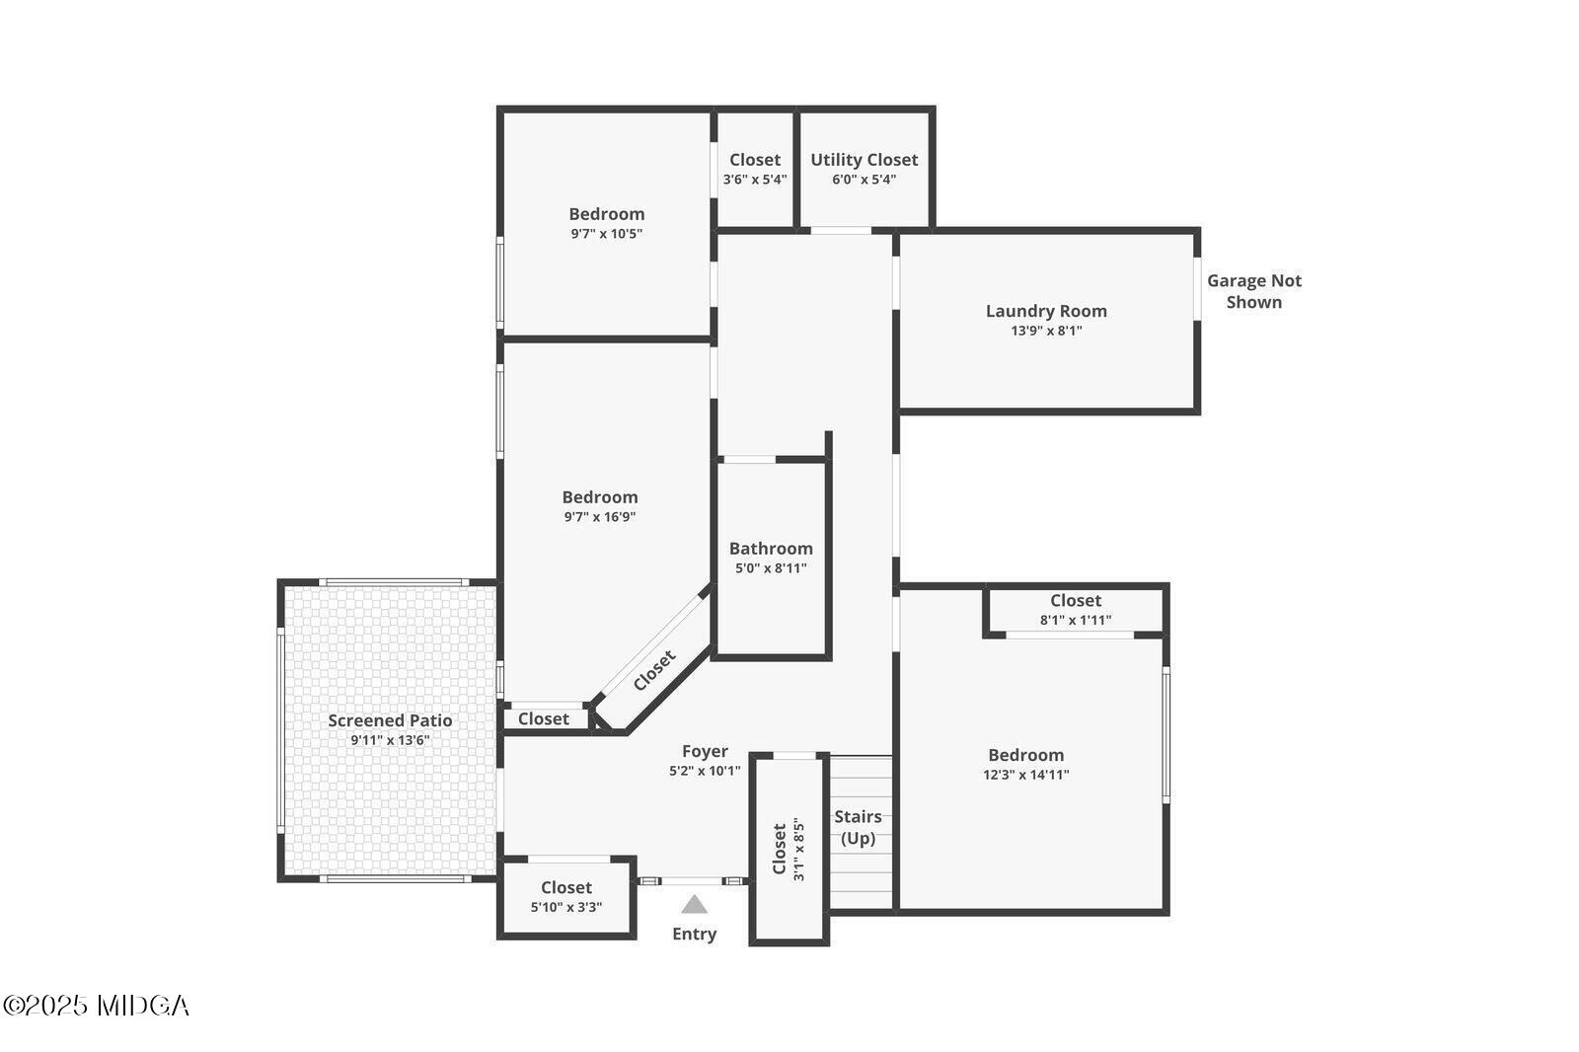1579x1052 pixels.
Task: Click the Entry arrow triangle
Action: click(x=694, y=904)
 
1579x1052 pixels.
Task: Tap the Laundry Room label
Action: click(x=1046, y=311)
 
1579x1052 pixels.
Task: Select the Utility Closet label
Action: click(x=864, y=160)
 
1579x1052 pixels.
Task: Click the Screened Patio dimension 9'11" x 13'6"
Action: click(x=390, y=740)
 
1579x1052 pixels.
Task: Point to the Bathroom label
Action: click(x=771, y=549)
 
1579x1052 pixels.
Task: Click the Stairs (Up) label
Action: click(x=858, y=827)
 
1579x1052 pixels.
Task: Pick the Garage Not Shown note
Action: click(x=1253, y=291)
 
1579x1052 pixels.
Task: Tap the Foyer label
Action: click(x=705, y=752)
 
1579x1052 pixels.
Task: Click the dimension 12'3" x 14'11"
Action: click(x=1025, y=775)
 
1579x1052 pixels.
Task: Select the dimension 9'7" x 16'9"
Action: click(x=599, y=516)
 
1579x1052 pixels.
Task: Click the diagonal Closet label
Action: click(x=654, y=670)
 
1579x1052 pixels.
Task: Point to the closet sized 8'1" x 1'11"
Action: click(x=1075, y=610)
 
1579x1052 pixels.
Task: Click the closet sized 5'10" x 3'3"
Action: click(x=565, y=897)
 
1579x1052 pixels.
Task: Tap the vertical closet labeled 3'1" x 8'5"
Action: click(x=788, y=849)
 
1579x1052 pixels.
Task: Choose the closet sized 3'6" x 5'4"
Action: click(x=754, y=169)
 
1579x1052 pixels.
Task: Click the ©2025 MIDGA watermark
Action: click(x=96, y=1006)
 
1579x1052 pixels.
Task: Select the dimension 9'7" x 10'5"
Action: click(x=606, y=234)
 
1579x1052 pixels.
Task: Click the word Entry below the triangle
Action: click(x=694, y=934)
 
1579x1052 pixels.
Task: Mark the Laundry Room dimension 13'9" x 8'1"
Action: click(x=1046, y=331)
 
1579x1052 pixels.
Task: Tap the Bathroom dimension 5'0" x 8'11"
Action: click(x=771, y=568)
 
